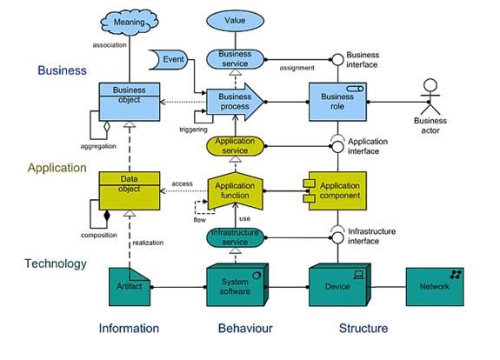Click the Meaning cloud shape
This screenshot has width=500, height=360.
[130, 22]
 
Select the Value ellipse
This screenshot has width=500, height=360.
[236, 21]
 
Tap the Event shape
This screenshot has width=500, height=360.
[169, 59]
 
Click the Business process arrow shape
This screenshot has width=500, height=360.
[235, 102]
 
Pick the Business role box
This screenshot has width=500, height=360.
[337, 102]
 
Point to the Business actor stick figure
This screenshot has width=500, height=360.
[430, 97]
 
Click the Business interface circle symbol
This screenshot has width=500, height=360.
[337, 60]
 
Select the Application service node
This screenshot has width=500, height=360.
[236, 146]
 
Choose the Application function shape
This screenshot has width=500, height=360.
[236, 191]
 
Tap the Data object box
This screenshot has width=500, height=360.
[130, 191]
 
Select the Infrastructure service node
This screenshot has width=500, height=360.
[236, 237]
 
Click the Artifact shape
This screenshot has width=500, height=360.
[130, 287]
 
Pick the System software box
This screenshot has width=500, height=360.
[237, 284]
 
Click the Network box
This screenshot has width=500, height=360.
[435, 287]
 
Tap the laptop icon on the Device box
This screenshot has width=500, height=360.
[359, 275]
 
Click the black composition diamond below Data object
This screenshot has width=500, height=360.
[107, 216]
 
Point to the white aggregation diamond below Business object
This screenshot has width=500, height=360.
[107, 127]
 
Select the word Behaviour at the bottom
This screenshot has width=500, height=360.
[245, 328]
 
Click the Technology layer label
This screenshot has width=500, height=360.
[56, 263]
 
